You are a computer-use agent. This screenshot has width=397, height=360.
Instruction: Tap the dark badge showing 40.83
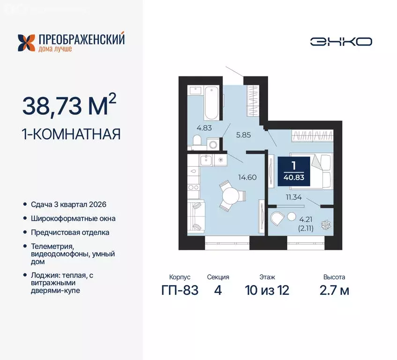(293, 171)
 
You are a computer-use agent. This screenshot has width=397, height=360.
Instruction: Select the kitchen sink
(206, 161)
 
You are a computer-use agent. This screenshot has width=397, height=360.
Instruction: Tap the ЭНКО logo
(341, 41)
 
